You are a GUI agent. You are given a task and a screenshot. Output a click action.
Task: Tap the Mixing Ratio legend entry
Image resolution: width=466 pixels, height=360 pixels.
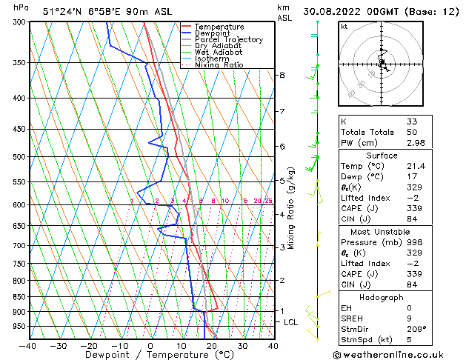220,65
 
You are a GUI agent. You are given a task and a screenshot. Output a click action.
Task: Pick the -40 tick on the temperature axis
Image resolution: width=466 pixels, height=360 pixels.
29,345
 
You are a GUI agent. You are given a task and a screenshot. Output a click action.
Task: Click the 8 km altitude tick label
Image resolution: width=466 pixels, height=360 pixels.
282,76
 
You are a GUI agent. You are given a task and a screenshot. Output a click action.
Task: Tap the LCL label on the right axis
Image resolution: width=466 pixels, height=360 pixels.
290,322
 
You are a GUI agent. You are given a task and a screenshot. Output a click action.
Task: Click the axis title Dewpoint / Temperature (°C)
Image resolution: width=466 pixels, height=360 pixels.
151,355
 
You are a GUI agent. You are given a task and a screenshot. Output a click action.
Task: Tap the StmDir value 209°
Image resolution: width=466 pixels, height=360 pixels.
416,330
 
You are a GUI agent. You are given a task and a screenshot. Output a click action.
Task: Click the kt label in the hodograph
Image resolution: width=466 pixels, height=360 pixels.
344,26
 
